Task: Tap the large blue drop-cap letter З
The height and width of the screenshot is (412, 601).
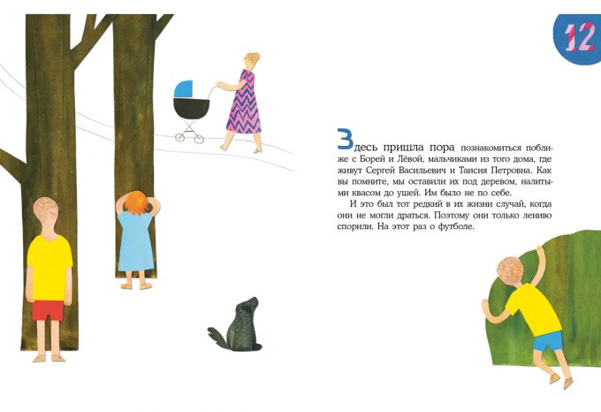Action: tap(345, 139)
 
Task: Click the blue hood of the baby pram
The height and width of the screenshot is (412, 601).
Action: tap(183, 89)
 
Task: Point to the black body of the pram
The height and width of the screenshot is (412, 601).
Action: tap(191, 108)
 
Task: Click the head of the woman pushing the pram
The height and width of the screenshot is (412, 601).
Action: tap(251, 60)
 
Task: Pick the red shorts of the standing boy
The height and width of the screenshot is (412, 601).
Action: tap(48, 310)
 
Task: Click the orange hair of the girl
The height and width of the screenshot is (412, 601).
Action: tap(137, 202)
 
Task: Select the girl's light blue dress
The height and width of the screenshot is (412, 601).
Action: tap(136, 242)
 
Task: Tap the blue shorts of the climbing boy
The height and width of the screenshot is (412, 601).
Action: tap(548, 341)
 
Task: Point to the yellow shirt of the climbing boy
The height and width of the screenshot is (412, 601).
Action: tap(533, 310)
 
